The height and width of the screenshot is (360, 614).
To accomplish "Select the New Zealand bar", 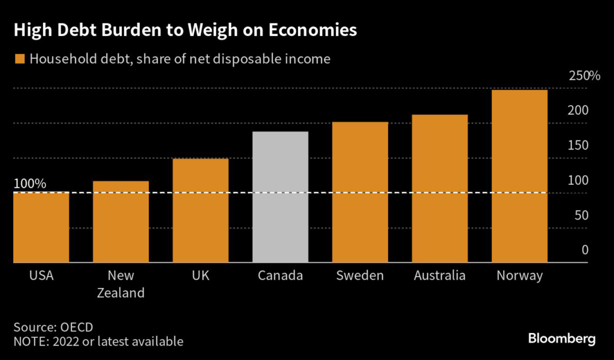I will pos(121,222).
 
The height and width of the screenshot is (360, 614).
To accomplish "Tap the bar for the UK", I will pos(200,211).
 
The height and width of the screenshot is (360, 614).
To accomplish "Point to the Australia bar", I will pos(440,188).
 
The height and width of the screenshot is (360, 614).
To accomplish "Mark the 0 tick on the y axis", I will pos(585,250).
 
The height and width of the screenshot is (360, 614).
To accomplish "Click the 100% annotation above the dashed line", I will pos(29,184).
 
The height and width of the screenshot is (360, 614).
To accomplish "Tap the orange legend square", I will pos(20,59).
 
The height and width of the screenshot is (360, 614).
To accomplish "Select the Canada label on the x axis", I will pos(280,276).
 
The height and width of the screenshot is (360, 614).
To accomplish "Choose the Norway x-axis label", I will pos(519,276).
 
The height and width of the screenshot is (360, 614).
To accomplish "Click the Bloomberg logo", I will pos(562,339).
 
